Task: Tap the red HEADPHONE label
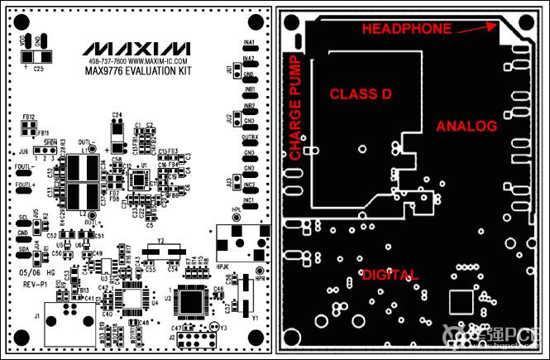(x=408, y=29)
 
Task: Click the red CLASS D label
(x=360, y=94)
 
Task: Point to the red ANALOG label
(x=466, y=126)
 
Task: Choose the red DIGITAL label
(x=390, y=274)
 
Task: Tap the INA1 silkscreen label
(x=247, y=41)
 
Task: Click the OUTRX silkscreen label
(x=248, y=136)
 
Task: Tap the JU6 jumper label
(x=22, y=151)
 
